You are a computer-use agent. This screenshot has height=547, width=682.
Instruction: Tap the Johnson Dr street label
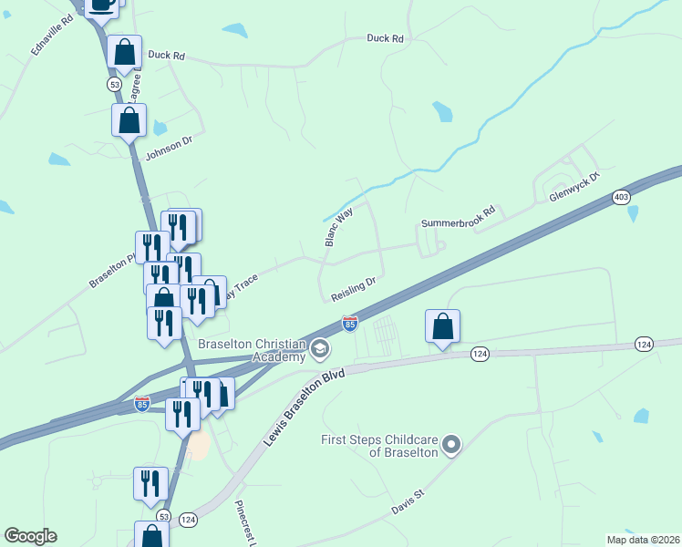pyautogui.click(x=170, y=145)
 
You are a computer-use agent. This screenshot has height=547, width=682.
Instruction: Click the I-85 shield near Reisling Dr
pyautogui.click(x=349, y=324)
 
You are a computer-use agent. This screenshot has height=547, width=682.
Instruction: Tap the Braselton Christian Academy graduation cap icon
pyautogui.click(x=319, y=347)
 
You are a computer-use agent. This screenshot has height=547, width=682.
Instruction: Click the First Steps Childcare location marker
pyautogui.click(x=451, y=445)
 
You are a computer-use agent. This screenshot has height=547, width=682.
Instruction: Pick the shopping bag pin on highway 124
pyautogui.click(x=442, y=326)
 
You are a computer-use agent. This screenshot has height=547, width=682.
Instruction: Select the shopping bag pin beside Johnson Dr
pyautogui.click(x=129, y=119)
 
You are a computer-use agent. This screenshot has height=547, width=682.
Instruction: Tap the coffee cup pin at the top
pyautogui.click(x=101, y=5)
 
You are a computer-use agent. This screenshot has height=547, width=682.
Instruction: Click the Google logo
pyautogui.click(x=30, y=536)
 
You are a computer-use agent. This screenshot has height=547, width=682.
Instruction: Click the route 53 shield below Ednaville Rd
pyautogui.click(x=114, y=84)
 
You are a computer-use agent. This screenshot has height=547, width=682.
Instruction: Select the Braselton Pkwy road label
pyautogui.click(x=111, y=271)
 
